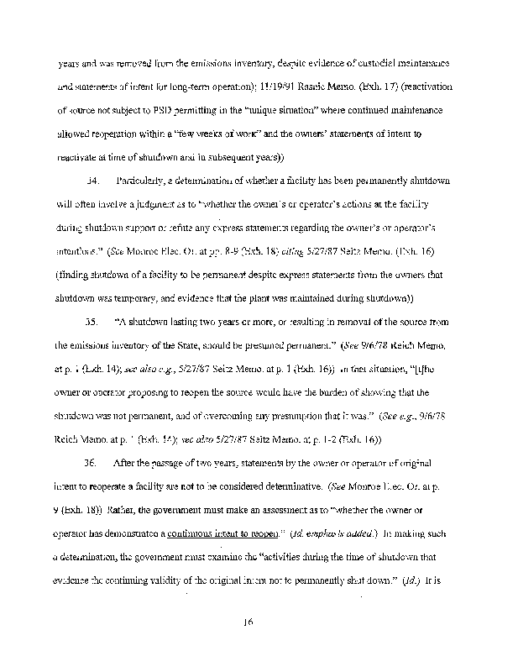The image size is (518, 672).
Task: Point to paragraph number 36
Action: pos(94,462)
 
